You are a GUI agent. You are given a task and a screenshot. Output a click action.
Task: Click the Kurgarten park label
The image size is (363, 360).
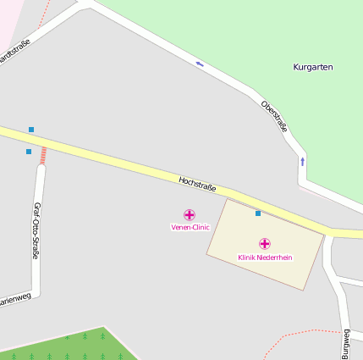coord(313,66)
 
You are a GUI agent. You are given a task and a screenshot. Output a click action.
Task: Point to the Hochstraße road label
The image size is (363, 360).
coord(197,183)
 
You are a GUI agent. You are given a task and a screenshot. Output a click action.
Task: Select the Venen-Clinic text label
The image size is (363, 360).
coord(190,227)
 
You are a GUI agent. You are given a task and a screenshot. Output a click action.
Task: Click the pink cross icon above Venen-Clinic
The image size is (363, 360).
coord(190,215)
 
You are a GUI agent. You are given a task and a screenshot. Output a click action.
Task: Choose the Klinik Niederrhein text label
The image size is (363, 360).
coord(265,257)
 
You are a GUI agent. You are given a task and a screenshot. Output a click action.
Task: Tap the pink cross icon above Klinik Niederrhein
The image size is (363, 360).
coord(265,244)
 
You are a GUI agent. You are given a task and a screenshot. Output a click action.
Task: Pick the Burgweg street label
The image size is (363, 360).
coord(345,343)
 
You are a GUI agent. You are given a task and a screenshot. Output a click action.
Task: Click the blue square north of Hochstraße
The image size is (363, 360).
coord(31,130)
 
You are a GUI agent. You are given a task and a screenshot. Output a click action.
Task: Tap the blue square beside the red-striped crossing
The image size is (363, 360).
coord(29,152)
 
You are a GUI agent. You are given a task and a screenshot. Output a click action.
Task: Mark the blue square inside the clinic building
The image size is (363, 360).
coord(258,213)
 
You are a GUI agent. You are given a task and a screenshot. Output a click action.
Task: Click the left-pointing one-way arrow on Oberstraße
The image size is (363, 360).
coord(200,64)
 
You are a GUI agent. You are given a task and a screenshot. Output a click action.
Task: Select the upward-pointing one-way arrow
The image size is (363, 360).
coord(302,160)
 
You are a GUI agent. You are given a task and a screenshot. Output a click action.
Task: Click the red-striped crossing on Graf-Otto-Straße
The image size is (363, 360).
coord(42,155)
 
